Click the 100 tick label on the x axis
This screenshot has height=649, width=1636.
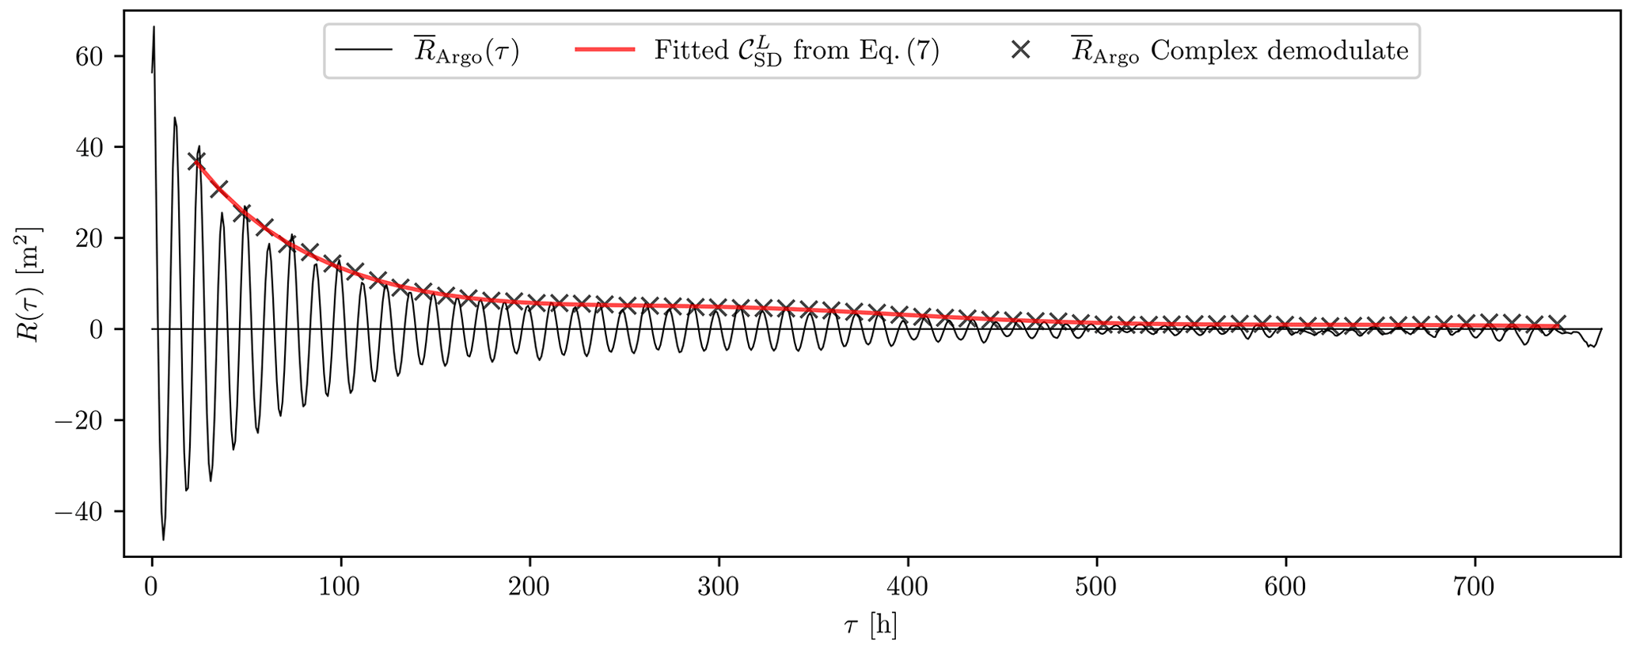coord(340,588)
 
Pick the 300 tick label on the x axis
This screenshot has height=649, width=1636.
coord(719,588)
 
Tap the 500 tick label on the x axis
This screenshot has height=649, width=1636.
coord(1097,588)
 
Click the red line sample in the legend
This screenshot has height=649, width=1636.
coord(605,50)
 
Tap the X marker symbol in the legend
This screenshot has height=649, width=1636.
coord(1021,50)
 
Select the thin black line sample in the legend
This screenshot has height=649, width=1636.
coord(364,50)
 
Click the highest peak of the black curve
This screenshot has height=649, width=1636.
coord(154,28)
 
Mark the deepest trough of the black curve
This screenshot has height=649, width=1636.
coord(164,539)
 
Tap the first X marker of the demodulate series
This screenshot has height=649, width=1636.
coord(195,161)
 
